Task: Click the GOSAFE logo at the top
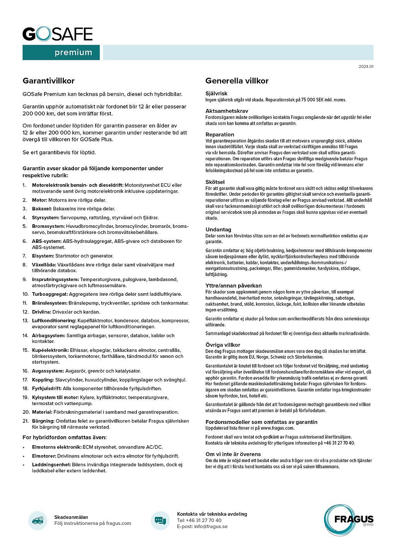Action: click(58, 34)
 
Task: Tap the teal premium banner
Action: click(61, 53)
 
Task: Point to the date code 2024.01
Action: click(366, 67)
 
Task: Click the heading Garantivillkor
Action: click(48, 81)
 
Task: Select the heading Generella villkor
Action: click(237, 81)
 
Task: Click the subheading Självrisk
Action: click(217, 93)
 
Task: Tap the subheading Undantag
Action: click(218, 229)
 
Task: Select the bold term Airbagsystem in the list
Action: click(48, 335)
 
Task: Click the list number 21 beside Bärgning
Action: click(26, 421)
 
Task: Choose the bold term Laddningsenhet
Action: click(51, 465)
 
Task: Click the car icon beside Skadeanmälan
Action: click(38, 520)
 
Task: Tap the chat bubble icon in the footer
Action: click(160, 520)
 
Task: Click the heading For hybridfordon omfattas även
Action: click(65, 437)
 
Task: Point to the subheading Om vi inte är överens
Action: click(233, 454)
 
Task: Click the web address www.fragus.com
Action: click(277, 428)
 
